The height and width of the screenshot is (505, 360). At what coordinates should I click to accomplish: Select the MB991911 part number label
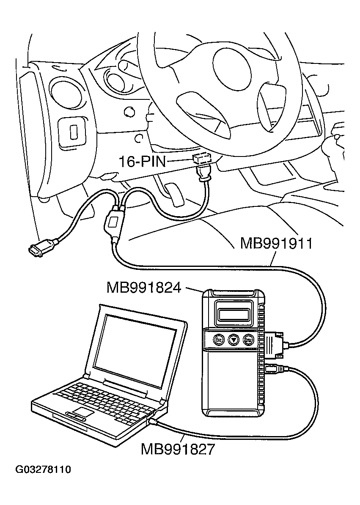[x=276, y=244]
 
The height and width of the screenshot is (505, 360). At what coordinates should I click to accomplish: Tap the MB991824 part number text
[x=144, y=288]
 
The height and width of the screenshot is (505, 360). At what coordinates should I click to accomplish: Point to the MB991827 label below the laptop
[x=178, y=448]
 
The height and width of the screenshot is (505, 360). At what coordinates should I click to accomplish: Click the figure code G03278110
[x=43, y=470]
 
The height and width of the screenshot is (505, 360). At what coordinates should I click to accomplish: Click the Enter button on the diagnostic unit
[x=248, y=339]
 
